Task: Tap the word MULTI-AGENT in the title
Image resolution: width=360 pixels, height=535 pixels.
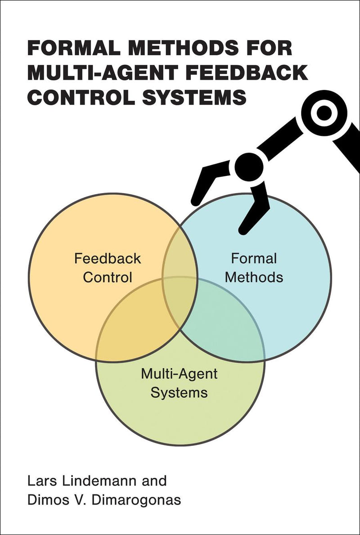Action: coord(90,73)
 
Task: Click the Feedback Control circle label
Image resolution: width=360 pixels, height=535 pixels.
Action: coord(108,268)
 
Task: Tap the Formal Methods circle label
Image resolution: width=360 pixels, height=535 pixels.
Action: coord(254,268)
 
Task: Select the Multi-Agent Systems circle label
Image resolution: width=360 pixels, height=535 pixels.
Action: coord(179,383)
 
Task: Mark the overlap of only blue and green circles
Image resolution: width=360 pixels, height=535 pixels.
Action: coord(225,333)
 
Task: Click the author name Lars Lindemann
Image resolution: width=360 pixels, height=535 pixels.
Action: coord(79,481)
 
